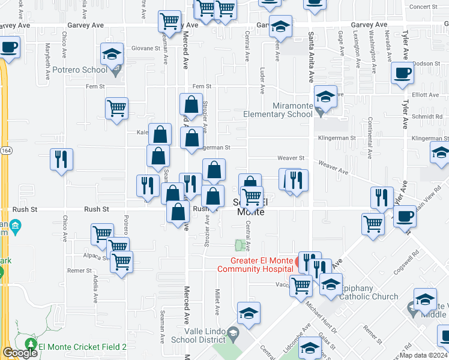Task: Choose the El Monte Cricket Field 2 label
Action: [x=83, y=347]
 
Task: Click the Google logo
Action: [x=19, y=353]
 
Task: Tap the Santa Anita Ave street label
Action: [x=311, y=58]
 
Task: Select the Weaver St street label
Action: [x=291, y=158]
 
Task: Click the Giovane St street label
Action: [x=146, y=49]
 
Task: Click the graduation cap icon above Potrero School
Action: [x=112, y=55]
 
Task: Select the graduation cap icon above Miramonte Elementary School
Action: [x=325, y=96]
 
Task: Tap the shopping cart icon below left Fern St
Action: [x=116, y=109]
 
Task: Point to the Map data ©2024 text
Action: [x=424, y=355]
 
